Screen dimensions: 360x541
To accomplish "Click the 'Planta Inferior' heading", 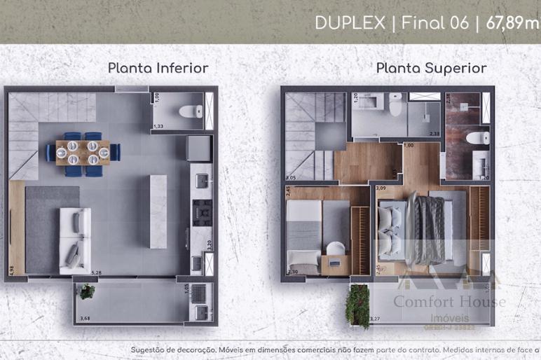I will [x=158, y=68].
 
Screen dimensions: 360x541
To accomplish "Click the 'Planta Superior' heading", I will [x=431, y=68].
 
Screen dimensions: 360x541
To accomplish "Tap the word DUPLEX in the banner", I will [x=350, y=22].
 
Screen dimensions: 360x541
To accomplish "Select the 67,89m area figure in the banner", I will [x=512, y=22].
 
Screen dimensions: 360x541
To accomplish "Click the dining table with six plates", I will [x=83, y=152].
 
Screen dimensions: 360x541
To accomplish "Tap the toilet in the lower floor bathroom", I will [x=191, y=111].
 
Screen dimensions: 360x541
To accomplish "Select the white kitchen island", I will [x=158, y=211].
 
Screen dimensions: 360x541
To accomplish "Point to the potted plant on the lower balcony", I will [x=87, y=291].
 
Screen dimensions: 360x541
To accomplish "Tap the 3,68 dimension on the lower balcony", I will [x=85, y=319].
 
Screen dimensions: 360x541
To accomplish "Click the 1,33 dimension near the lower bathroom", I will [x=158, y=127].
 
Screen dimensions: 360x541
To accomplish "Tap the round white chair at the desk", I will [x=336, y=249].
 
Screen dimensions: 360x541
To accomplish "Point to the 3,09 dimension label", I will [x=381, y=188].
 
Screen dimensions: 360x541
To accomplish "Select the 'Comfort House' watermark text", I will [x=448, y=302].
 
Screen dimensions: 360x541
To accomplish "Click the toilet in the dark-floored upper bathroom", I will [x=479, y=137].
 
